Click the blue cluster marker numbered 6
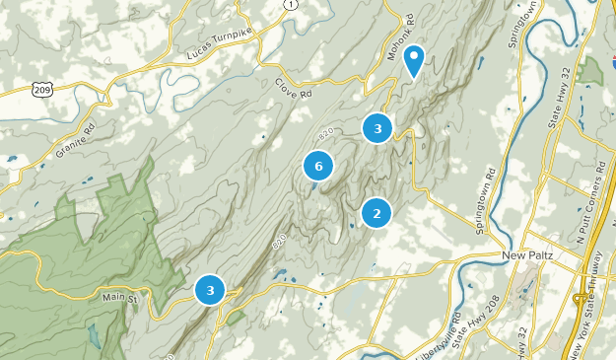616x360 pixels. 317,167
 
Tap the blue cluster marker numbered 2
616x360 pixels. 376,212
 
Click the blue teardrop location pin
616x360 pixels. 416,60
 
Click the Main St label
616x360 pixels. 123,294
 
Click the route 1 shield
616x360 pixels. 289,5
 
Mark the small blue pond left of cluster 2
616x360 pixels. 353,228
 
